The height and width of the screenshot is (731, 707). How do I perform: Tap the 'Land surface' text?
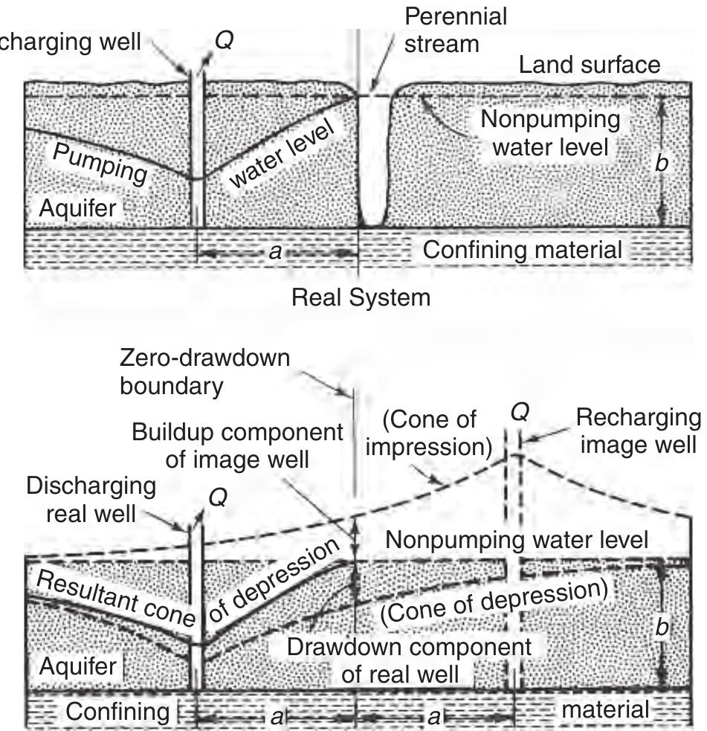(589, 65)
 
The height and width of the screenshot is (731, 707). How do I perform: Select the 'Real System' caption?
(361, 297)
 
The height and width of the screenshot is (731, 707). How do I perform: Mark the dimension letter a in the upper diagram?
(275, 253)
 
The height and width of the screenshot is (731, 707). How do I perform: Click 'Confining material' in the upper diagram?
(522, 250)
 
